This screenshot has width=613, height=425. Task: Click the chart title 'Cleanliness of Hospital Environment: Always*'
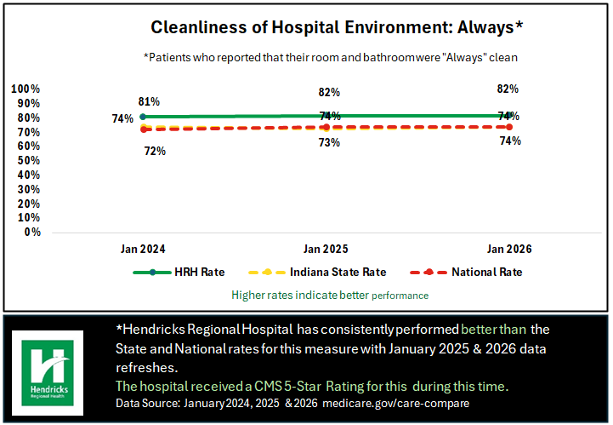[336, 27]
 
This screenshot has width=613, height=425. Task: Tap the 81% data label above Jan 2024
[149, 101]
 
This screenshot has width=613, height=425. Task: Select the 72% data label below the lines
[154, 151]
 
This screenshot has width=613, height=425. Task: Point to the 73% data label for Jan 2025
[329, 142]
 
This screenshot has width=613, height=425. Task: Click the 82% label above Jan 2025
[329, 92]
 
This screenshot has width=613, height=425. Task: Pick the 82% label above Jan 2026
[508, 89]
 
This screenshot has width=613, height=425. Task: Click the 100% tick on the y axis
[26, 89]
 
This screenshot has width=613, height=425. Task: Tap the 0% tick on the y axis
[31, 232]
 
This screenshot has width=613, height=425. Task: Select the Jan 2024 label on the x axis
[142, 249]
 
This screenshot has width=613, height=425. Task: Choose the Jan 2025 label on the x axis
[326, 249]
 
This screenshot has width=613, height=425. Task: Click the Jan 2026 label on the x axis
[508, 249]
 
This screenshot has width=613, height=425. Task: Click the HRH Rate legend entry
[179, 273]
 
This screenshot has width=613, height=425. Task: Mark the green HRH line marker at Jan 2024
[142, 117]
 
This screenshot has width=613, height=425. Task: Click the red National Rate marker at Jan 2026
[508, 127]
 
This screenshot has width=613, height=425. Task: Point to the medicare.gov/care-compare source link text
[400, 402]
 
